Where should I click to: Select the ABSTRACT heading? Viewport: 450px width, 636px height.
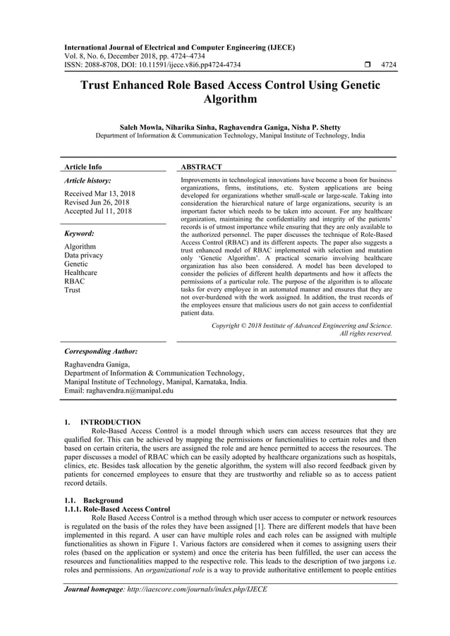click(202, 167)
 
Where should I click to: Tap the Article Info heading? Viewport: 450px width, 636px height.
click(83, 167)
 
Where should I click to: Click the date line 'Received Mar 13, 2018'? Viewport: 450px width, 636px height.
click(99, 193)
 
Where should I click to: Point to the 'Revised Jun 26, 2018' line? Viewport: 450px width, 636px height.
click(97, 202)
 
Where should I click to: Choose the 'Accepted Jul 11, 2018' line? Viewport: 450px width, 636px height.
click(98, 211)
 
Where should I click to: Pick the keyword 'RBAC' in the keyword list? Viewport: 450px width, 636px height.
click(74, 281)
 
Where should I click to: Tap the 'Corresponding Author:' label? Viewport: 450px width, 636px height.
click(100, 350)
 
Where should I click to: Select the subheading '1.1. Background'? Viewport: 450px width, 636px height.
click(93, 500)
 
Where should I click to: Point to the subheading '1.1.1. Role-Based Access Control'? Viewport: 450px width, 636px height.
click(116, 508)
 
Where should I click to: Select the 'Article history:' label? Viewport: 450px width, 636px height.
click(87, 181)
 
